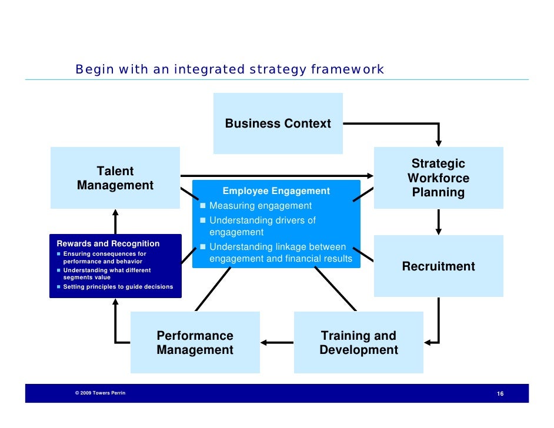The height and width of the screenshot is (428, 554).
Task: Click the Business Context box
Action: pyautogui.click(x=278, y=123)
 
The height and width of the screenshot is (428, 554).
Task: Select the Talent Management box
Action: pyautogui.click(x=115, y=178)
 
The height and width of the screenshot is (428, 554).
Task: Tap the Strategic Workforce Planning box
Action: pyautogui.click(x=438, y=178)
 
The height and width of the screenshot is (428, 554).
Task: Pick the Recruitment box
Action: pyautogui.click(x=438, y=266)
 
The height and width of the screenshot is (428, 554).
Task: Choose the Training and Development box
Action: pyautogui.click(x=358, y=343)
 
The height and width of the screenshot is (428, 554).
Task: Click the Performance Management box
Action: pyautogui.click(x=195, y=343)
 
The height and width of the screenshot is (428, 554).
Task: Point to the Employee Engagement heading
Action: pyautogui.click(x=276, y=191)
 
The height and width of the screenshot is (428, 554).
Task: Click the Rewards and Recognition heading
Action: pyautogui.click(x=108, y=243)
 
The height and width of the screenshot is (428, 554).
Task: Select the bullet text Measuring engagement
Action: pyautogui.click(x=261, y=206)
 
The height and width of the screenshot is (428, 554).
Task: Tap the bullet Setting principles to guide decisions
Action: pyautogui.click(x=118, y=287)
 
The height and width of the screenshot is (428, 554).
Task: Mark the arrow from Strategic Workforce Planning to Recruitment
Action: pyautogui.click(x=438, y=222)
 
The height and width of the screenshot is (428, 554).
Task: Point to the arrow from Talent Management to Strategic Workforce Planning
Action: pyautogui.click(x=276, y=175)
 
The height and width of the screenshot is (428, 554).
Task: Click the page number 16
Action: pyautogui.click(x=500, y=393)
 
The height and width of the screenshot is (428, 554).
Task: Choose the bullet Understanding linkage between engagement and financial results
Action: pyautogui.click(x=281, y=253)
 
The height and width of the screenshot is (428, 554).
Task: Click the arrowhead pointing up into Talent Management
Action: pyautogui.click(x=115, y=213)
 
